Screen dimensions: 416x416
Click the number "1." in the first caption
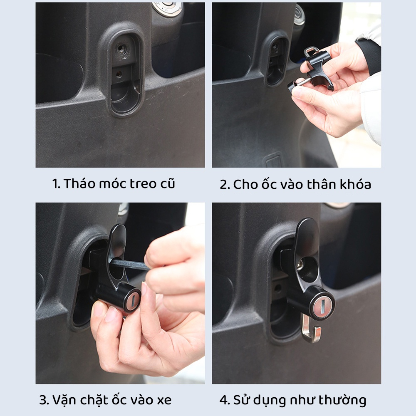57,184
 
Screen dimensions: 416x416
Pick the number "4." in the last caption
225,400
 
